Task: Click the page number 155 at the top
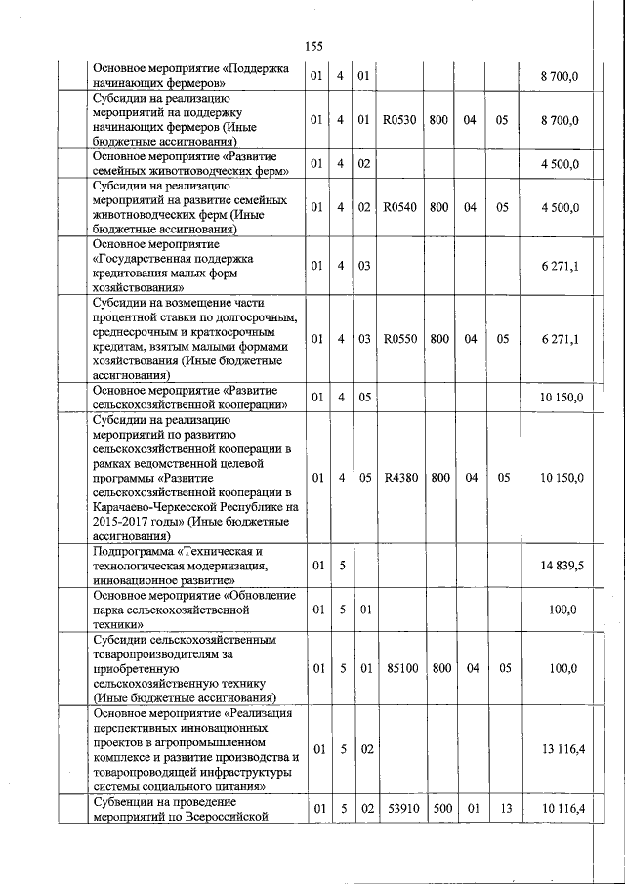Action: coord(312,46)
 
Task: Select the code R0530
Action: coord(399,120)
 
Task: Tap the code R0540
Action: coord(399,208)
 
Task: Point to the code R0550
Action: coord(399,339)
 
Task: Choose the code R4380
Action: coord(399,478)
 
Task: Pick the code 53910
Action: coord(399,810)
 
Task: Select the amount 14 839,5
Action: coord(561,566)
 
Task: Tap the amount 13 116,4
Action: coord(561,749)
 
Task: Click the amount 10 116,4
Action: coord(561,810)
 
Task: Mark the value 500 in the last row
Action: coord(438,810)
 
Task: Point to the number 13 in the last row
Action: coord(502,810)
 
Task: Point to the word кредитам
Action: coord(122,347)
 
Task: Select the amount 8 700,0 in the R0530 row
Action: coord(561,120)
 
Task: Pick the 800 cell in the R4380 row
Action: coord(438,478)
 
